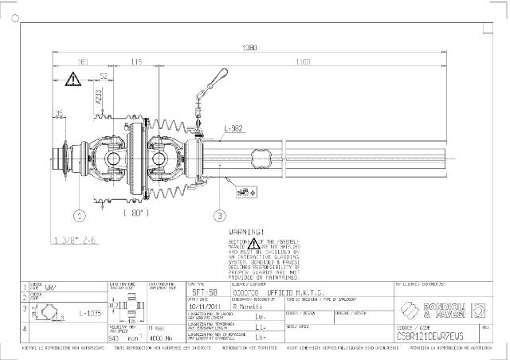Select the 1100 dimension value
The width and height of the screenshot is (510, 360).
tap(302, 61)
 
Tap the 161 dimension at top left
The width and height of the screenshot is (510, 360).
tap(82, 61)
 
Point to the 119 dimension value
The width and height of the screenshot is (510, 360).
tap(136, 61)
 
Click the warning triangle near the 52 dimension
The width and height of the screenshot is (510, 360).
tap(73, 78)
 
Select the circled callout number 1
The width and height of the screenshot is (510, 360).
tap(79, 215)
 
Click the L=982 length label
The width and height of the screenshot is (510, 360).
tap(235, 128)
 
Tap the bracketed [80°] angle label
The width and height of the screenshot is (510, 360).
tap(136, 213)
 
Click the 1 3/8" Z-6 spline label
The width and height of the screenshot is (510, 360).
tap(76, 239)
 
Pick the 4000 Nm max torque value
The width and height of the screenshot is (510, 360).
tap(161, 337)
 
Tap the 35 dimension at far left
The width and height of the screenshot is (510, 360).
tap(59, 113)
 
